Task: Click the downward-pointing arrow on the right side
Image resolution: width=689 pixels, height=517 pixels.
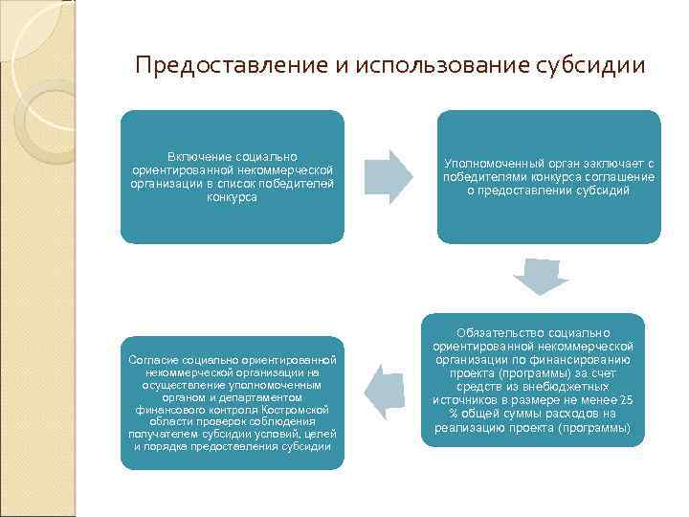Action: pos(541,276)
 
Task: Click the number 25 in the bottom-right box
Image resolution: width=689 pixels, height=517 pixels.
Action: pos(626,399)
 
